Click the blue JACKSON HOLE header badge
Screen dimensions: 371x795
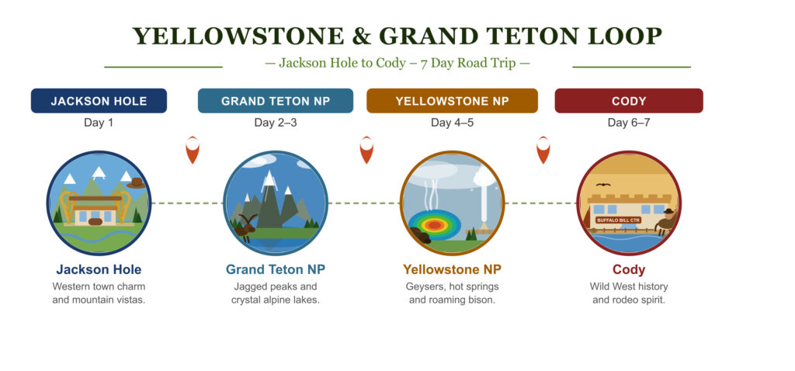pyautogui.click(x=99, y=101)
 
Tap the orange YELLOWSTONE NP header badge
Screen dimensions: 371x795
pyautogui.click(x=452, y=101)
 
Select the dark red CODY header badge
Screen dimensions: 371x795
pyautogui.click(x=628, y=101)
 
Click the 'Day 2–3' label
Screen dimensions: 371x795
pyautogui.click(x=275, y=123)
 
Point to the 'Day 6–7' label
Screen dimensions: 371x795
pyautogui.click(x=628, y=123)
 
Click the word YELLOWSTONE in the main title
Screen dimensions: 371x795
pyautogui.click(x=227, y=36)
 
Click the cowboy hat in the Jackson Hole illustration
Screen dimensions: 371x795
pyautogui.click(x=137, y=183)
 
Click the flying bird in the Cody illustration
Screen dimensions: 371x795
pyautogui.click(x=603, y=185)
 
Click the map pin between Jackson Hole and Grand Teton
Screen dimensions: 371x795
pyautogui.click(x=193, y=150)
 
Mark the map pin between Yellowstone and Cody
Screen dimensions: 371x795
pyautogui.click(x=543, y=150)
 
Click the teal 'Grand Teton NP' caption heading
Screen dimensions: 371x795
pyautogui.click(x=275, y=270)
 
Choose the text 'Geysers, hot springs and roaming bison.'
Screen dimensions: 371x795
pyautogui.click(x=452, y=293)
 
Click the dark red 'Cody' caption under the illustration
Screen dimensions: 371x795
pyautogui.click(x=628, y=270)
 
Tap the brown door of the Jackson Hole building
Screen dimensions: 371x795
pyautogui.click(x=95, y=221)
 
